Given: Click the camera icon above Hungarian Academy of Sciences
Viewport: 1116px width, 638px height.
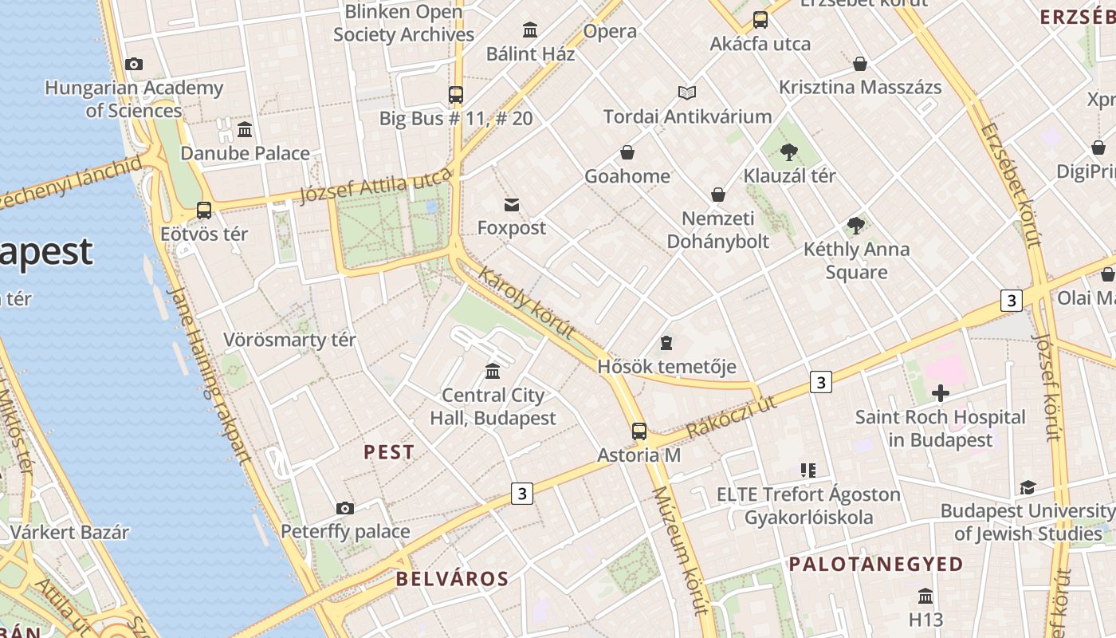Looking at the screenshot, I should tap(134, 64).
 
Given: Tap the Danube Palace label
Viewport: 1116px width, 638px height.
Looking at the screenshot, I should tap(245, 153).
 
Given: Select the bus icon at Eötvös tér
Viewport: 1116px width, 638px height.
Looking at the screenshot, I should tap(204, 211).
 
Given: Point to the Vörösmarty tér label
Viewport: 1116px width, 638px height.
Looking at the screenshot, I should tap(289, 340).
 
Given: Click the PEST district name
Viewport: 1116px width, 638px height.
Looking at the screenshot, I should tap(389, 452).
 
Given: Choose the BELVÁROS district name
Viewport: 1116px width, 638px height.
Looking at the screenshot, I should tap(452, 579).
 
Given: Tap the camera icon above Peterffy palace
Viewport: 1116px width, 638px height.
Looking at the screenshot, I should tap(345, 508).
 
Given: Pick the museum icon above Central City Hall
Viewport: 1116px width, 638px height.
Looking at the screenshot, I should tap(493, 371).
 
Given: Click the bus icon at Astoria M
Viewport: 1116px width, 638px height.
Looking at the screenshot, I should tap(639, 431).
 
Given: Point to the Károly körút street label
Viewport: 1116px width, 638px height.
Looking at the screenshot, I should tap(526, 302).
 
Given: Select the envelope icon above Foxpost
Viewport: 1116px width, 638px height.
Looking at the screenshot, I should tap(512, 205).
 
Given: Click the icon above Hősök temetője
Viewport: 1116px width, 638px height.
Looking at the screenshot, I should tap(666, 343).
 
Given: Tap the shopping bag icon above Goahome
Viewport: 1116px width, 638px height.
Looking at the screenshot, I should tap(627, 152).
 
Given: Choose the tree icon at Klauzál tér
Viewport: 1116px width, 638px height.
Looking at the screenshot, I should tap(789, 152).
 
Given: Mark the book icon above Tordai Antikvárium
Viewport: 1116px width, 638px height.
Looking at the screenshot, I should tap(687, 93).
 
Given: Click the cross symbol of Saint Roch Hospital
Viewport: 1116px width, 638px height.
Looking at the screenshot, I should tap(941, 393).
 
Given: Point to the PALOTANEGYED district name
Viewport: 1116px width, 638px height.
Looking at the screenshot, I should tap(876, 565).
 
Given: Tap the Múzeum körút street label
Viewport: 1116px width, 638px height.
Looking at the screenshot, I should tap(680, 550).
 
